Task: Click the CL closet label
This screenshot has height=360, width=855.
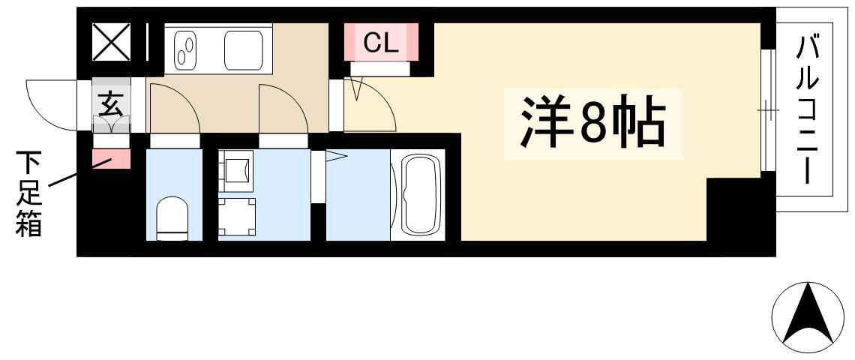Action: [380, 43]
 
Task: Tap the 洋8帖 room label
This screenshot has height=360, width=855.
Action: [593, 122]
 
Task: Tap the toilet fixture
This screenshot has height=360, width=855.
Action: [172, 218]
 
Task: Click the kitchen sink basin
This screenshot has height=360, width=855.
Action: [244, 49]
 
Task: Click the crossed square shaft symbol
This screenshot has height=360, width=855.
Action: [111, 42]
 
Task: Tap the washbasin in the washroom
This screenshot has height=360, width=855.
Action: [237, 171]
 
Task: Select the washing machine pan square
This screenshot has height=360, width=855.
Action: [237, 217]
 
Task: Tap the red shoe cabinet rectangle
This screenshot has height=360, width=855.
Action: [111, 159]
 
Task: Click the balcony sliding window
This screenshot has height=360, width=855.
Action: [768, 110]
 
